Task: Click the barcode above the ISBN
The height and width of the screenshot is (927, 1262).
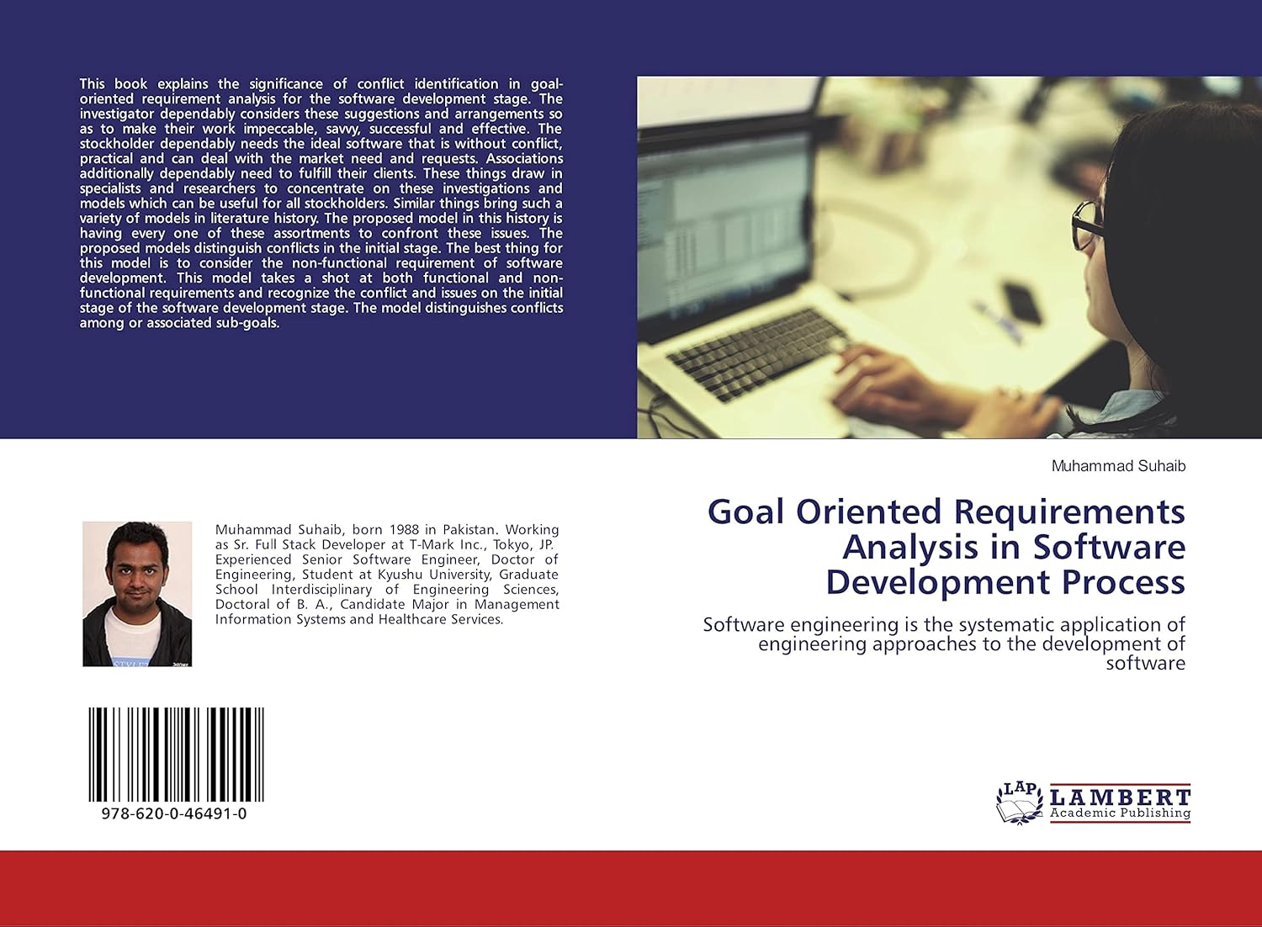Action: coord(176,754)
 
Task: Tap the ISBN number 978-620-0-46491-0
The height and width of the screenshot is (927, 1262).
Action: coord(174,813)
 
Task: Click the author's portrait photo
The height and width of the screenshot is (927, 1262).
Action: coord(137,594)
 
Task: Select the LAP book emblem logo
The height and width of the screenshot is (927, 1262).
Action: coord(1019,803)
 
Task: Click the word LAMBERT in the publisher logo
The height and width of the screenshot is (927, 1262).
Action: coord(1120,796)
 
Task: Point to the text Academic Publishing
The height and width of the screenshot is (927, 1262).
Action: coord(1120,813)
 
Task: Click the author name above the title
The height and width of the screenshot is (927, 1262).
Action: coord(1118,466)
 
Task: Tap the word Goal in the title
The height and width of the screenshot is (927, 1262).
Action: coord(746,512)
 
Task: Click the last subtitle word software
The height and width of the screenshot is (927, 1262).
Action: coord(1145,664)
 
